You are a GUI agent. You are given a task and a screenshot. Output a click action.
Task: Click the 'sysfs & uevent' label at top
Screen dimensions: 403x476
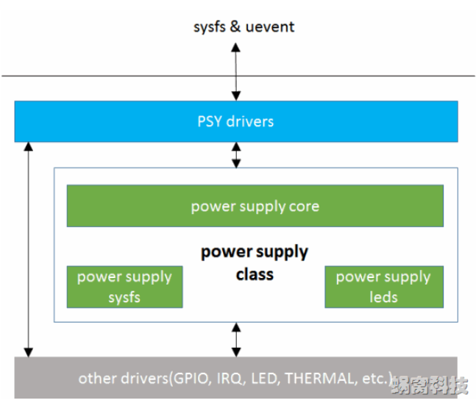click(x=244, y=26)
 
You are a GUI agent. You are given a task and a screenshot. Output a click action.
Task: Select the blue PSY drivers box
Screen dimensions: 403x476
click(x=236, y=121)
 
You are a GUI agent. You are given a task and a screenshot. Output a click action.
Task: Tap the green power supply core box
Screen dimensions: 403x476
click(x=255, y=206)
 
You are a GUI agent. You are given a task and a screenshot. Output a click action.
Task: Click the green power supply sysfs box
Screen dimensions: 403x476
click(x=124, y=287)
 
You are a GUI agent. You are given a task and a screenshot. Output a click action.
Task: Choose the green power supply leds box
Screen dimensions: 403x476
click(x=383, y=287)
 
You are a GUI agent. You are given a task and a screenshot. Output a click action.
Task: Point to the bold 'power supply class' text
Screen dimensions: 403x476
click(x=255, y=263)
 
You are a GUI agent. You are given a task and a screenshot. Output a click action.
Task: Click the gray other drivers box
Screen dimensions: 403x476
click(x=236, y=378)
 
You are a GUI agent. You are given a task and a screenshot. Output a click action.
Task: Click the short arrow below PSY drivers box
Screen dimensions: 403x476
click(x=236, y=154)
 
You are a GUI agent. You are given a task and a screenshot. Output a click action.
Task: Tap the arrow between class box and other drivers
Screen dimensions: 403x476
click(x=236, y=339)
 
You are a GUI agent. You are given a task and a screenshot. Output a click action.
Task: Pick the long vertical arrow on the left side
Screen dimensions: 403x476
click(x=29, y=249)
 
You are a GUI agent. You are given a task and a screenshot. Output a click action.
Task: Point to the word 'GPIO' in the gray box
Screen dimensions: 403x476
click(x=190, y=379)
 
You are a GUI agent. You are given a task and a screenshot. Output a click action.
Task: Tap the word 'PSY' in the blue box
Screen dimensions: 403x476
click(x=210, y=121)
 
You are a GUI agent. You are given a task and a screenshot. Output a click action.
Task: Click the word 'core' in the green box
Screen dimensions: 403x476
click(x=304, y=206)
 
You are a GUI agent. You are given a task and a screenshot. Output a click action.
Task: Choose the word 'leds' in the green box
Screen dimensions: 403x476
click(x=383, y=297)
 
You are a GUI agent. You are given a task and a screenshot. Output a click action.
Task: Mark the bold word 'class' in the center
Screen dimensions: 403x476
click(x=255, y=274)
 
